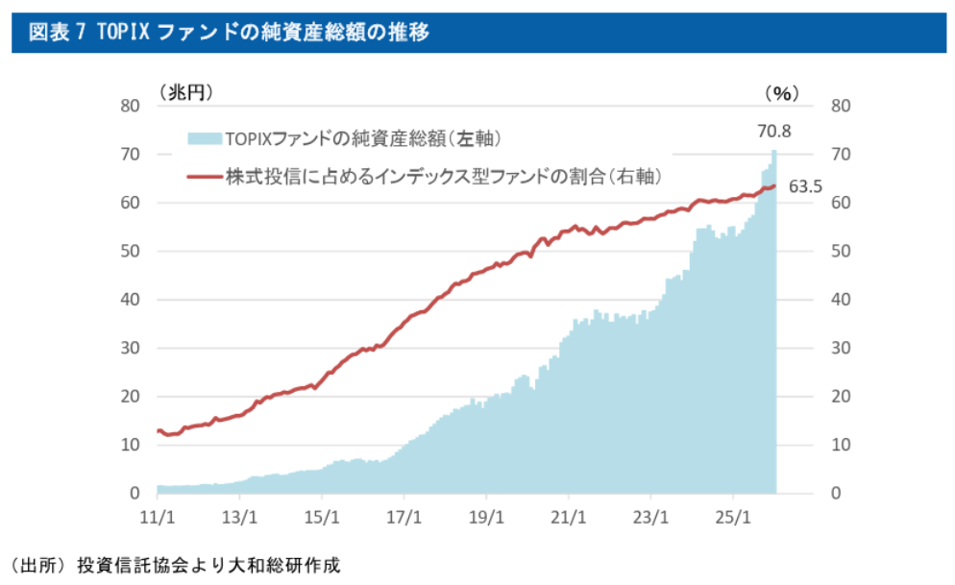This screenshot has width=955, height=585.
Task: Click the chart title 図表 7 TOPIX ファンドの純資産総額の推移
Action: click(x=229, y=32)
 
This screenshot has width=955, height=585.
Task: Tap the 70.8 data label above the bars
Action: click(x=773, y=132)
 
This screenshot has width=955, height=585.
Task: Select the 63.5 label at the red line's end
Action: click(x=805, y=186)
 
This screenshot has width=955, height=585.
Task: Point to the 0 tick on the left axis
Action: click(x=135, y=494)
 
